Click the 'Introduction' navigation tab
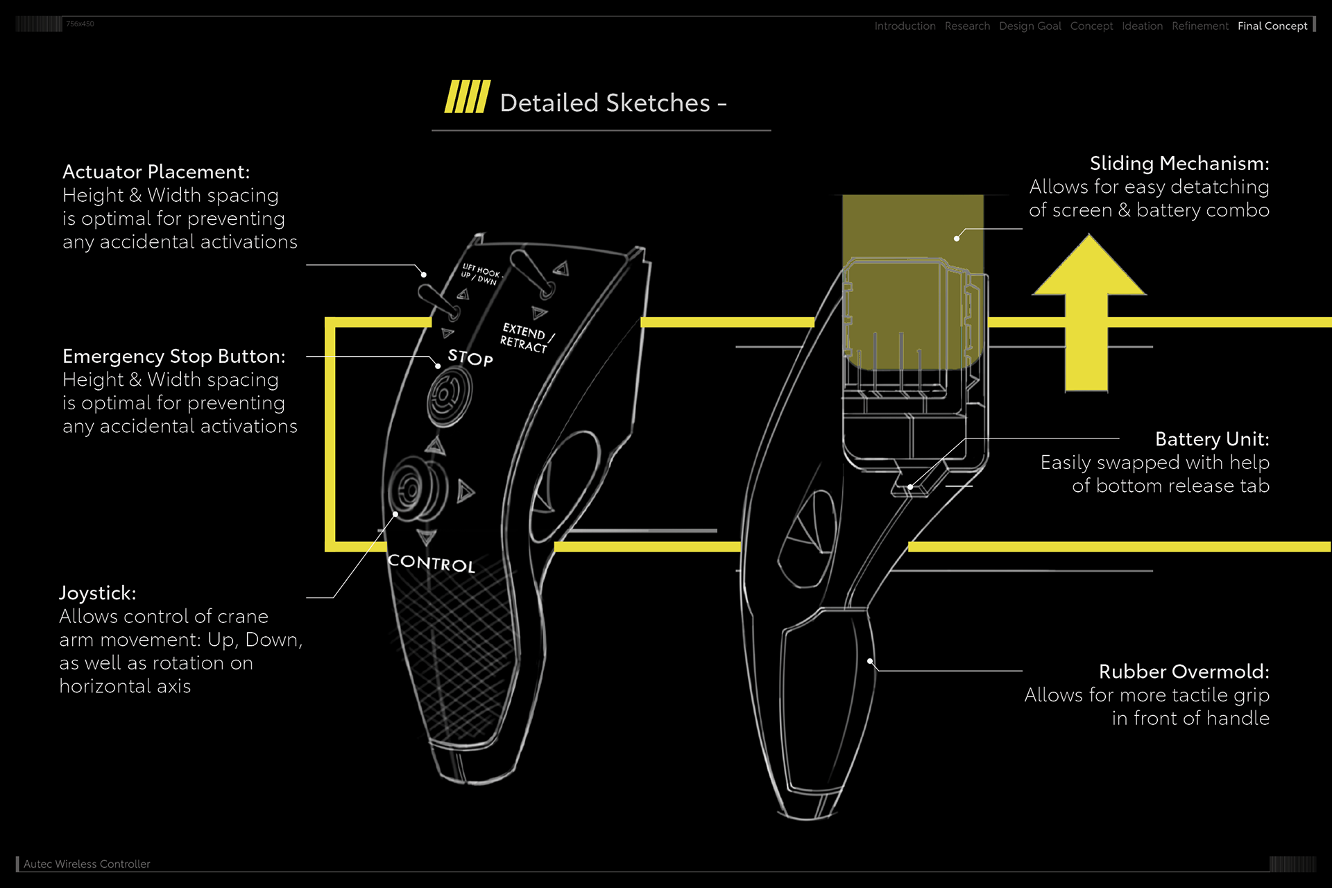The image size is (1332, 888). (905, 26)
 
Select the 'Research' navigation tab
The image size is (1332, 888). (967, 26)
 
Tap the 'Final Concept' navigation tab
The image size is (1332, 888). (1272, 26)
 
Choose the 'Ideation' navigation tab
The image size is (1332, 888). (1142, 26)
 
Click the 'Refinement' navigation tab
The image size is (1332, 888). (1199, 26)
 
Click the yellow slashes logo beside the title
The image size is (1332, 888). (467, 97)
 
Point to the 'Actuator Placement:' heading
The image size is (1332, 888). (156, 171)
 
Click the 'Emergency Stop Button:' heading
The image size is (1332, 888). (173, 356)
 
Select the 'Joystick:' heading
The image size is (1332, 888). (98, 592)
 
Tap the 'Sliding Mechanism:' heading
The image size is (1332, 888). (1179, 163)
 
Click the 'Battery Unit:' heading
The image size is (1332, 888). (1211, 438)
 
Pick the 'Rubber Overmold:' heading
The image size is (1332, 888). (1184, 671)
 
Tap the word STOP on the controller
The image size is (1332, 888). (470, 358)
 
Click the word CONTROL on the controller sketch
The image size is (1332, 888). (431, 563)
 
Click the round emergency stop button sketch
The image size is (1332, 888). (449, 395)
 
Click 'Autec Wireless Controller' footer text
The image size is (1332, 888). (87, 864)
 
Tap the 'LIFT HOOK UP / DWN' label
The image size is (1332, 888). (480, 274)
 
